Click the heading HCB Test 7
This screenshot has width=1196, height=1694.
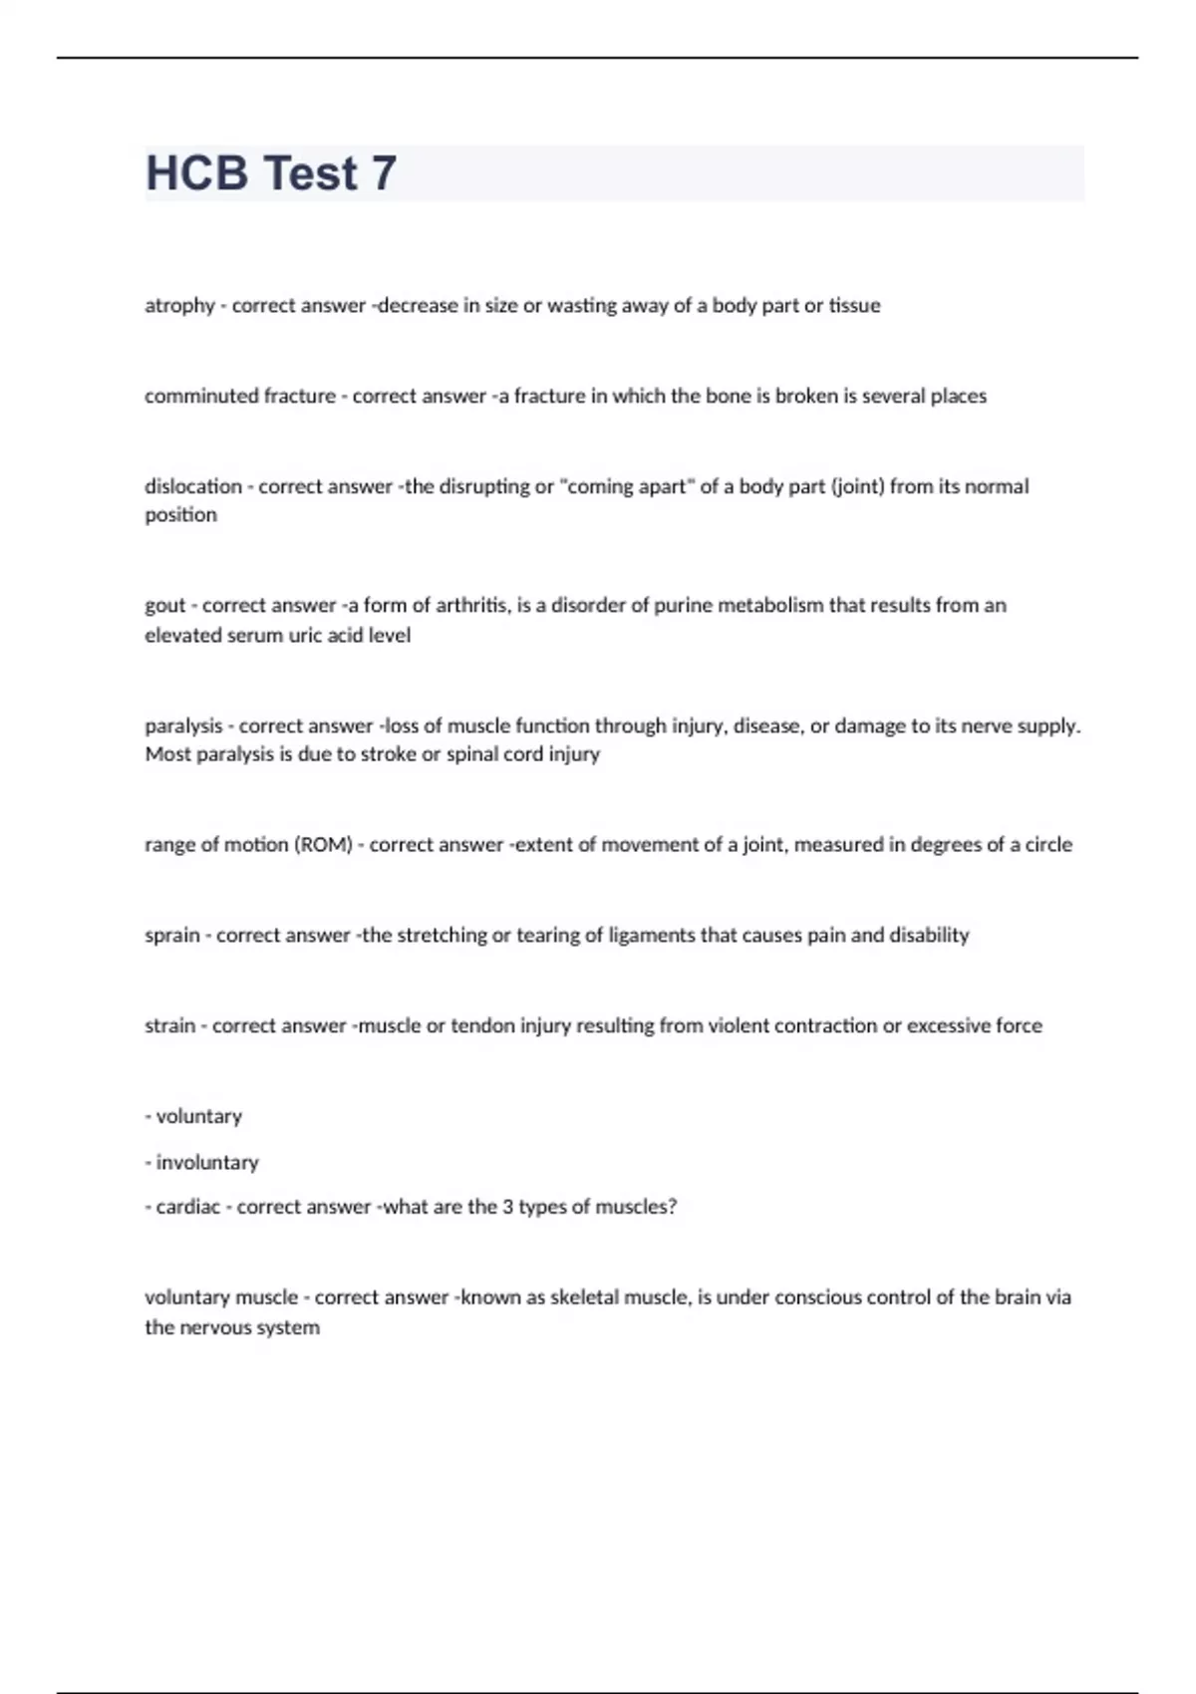pyautogui.click(x=271, y=173)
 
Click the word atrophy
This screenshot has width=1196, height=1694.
pyautogui.click(x=179, y=306)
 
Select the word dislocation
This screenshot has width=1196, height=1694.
pyautogui.click(x=193, y=486)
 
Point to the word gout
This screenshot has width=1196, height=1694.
pyautogui.click(x=164, y=606)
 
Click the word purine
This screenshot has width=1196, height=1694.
pyautogui.click(x=684, y=606)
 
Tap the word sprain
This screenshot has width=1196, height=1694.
pyautogui.click(x=171, y=936)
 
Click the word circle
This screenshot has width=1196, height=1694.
pyautogui.click(x=1048, y=845)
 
